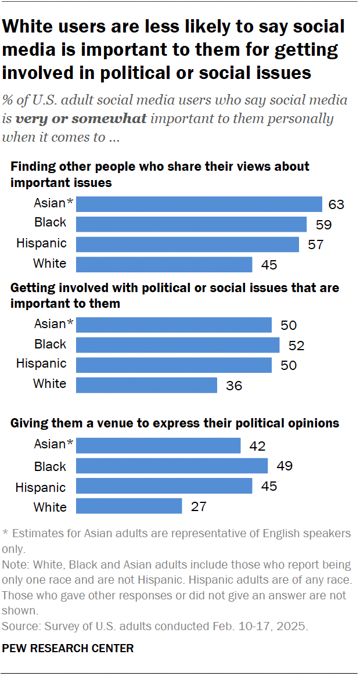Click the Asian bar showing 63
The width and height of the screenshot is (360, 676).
click(199, 204)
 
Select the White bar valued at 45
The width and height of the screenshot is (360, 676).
click(164, 264)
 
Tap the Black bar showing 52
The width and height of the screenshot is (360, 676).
click(178, 345)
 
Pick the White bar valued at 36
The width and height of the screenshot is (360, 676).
click(147, 384)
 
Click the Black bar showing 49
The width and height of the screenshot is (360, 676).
click(172, 466)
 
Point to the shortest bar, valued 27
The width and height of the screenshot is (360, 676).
click(129, 506)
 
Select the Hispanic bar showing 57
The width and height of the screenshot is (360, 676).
click(188, 244)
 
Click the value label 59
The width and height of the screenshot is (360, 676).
click(324, 224)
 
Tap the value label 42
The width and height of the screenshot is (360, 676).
click(258, 446)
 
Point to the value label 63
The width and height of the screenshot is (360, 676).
click(336, 204)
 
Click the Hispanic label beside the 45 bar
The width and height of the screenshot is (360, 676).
click(41, 487)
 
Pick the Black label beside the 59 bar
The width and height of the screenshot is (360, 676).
click(51, 223)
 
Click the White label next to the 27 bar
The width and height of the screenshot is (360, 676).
click(50, 507)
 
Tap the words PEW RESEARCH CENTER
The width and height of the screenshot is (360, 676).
click(68, 648)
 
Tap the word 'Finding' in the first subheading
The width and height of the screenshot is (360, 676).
click(31, 167)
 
